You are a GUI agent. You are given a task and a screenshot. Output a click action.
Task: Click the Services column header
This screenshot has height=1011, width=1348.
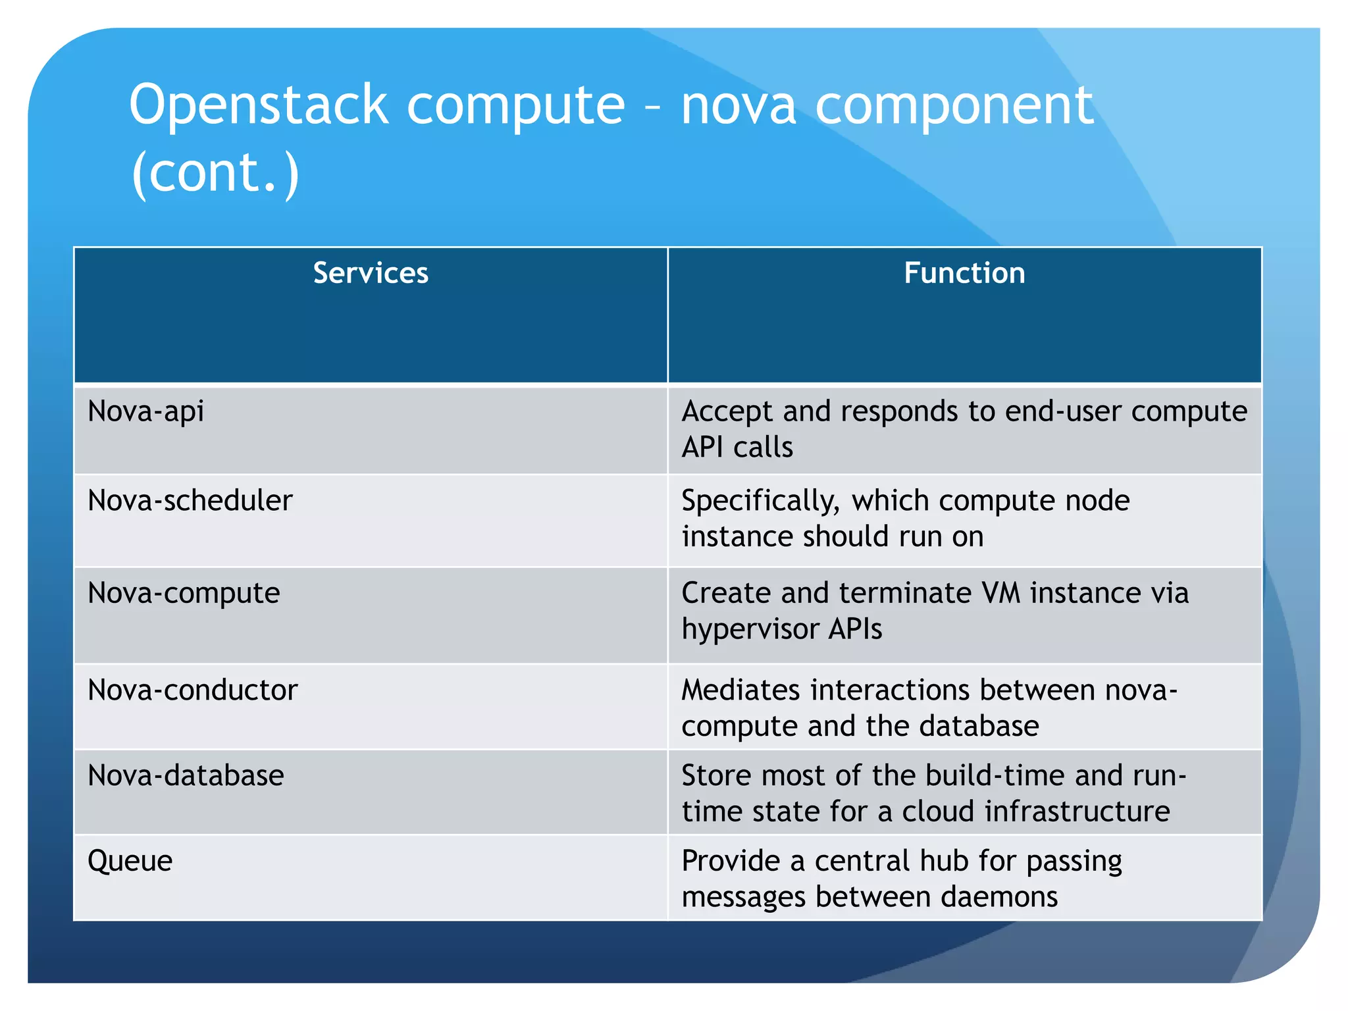pos(371,273)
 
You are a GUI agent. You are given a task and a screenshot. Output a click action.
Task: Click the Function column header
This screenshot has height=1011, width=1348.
pos(964,273)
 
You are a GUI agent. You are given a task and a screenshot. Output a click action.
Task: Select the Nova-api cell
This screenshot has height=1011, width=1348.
pos(146,411)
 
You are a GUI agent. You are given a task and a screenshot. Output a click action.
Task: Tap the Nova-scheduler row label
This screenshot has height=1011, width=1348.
pos(190,501)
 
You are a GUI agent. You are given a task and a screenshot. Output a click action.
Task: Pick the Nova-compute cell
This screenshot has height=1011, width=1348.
pos(184,593)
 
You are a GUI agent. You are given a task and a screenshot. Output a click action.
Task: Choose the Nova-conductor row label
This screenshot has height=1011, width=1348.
pos(193,690)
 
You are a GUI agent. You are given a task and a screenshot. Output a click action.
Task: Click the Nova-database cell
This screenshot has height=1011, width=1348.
pos(186,775)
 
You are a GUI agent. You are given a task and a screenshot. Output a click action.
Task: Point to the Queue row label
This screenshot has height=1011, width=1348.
pos(130,861)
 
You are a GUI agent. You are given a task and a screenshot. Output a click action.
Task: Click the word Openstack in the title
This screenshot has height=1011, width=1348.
pos(259,105)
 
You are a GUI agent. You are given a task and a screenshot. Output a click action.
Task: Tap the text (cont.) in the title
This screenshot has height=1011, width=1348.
pos(215,172)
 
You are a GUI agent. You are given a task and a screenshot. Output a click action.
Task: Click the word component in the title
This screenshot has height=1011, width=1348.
pos(954,105)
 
